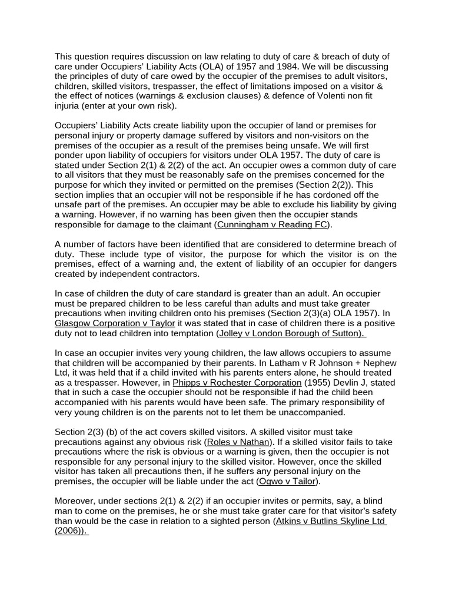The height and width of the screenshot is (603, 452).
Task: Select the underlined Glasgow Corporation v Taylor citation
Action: (x=115, y=323)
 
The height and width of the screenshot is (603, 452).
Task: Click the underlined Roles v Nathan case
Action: (x=238, y=442)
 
